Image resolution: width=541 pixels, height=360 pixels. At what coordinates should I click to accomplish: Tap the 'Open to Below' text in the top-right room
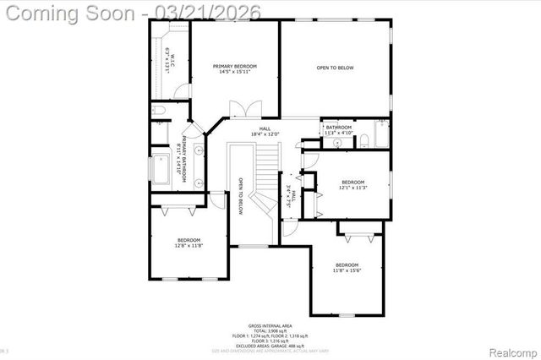pos(335,68)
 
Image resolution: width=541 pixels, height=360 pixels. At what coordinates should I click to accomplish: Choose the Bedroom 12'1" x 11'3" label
pos(352,185)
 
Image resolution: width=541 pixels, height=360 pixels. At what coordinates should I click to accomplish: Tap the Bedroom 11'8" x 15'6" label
pos(347,267)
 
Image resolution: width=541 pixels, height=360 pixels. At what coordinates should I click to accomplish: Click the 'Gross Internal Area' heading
pos(270,325)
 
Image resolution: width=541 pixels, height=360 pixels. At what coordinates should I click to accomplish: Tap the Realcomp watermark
pos(512,351)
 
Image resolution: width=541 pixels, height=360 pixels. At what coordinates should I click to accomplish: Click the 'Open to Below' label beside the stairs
pos(241,196)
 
